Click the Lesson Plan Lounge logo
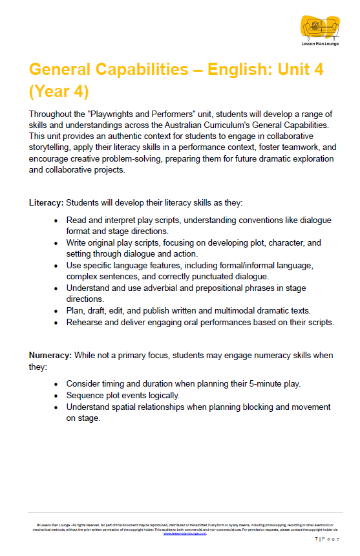click(319, 30)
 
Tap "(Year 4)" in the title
click(59, 91)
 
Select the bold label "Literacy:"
click(46, 202)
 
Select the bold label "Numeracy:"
click(50, 355)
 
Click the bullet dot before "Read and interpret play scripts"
click(58, 221)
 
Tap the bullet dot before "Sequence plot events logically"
click(58, 395)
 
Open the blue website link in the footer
click(184, 534)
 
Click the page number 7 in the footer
click(316, 539)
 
